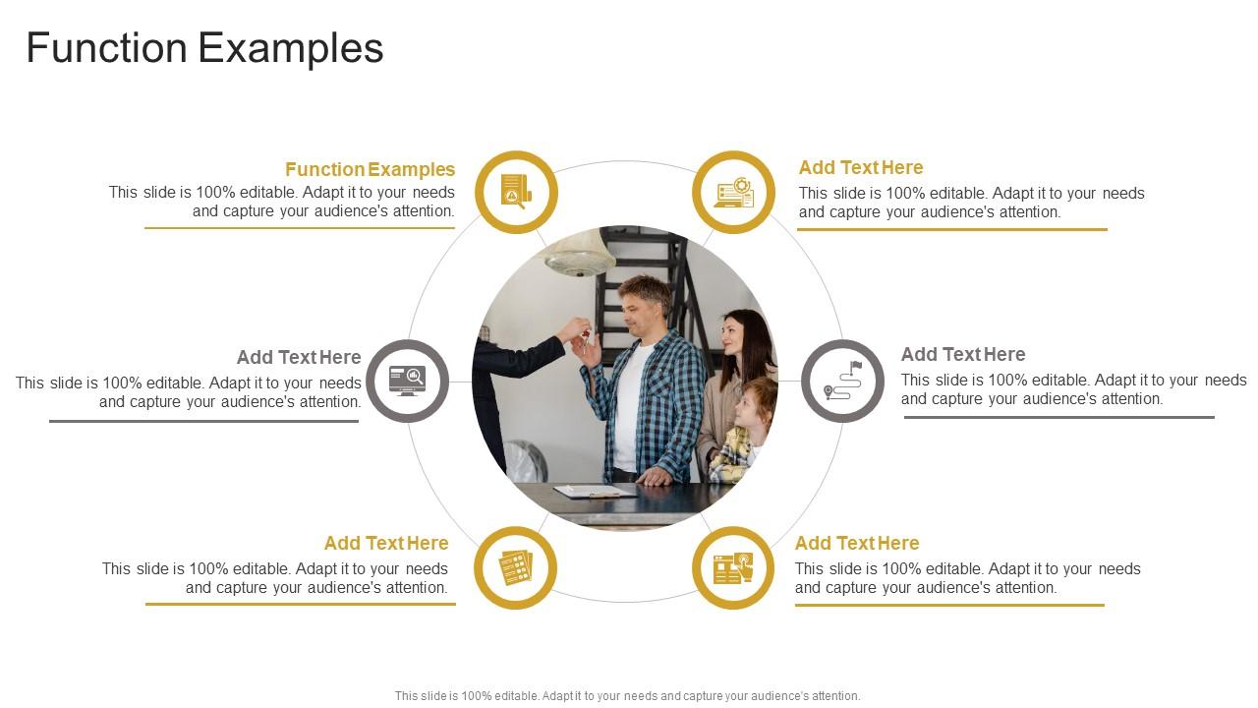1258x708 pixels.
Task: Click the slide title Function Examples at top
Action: coord(204,48)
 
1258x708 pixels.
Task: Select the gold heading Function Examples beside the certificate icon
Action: coord(370,169)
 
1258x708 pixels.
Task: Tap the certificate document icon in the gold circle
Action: coord(515,192)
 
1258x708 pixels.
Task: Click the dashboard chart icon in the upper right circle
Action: coord(733,192)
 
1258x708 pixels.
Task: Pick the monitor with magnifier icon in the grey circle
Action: coord(407,381)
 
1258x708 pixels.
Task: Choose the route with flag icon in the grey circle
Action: coord(842,381)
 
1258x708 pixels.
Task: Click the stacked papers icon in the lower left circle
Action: coord(515,567)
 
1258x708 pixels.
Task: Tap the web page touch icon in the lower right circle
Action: coord(733,567)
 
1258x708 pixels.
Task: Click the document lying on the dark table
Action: coord(593,491)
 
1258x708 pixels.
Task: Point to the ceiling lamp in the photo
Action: coord(580,258)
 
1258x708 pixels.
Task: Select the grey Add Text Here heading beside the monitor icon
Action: coord(299,357)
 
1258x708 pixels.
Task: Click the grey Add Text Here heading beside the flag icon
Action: coord(963,354)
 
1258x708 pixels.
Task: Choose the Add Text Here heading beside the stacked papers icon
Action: coord(386,543)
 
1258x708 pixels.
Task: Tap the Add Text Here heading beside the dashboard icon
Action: coord(861,167)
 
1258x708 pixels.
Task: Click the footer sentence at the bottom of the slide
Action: coord(627,695)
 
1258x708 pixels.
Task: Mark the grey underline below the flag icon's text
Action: coord(1058,417)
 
